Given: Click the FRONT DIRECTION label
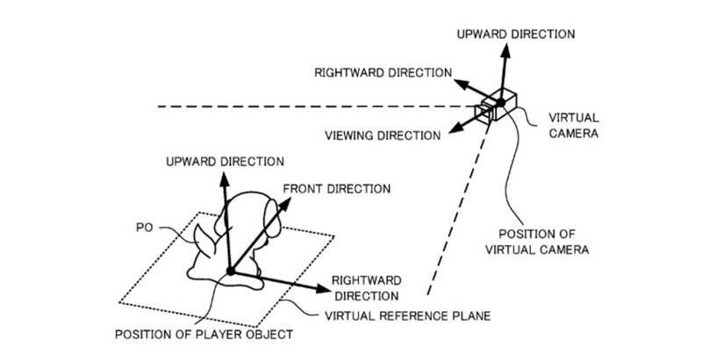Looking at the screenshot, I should pyautogui.click(x=336, y=188).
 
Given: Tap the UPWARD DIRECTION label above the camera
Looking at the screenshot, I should pyautogui.click(x=516, y=33).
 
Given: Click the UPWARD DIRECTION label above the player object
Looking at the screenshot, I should pyautogui.click(x=226, y=161).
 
